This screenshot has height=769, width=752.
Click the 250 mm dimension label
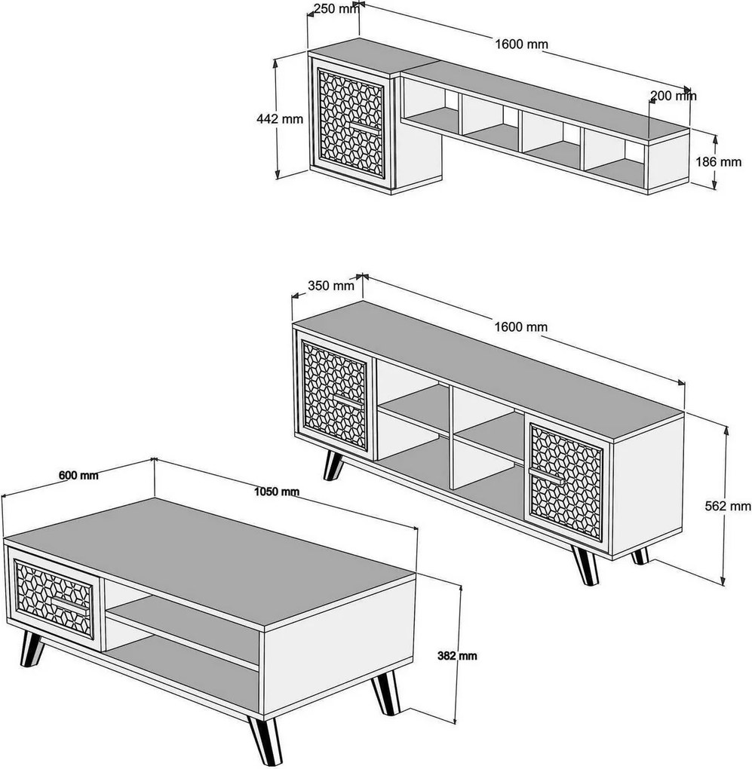[x=335, y=9]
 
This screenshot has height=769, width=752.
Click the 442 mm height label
[x=280, y=118]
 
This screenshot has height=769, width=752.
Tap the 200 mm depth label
[x=673, y=96]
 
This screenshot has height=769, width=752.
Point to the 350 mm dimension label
[x=330, y=286]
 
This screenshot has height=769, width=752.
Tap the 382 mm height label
[x=457, y=655]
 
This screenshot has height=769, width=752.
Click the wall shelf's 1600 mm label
[x=521, y=44]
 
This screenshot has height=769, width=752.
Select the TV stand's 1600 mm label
[x=521, y=326]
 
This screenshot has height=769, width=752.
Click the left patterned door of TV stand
[x=336, y=397]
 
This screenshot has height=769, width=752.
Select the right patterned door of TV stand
[x=566, y=480]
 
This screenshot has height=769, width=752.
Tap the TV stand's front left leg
[x=333, y=465]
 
